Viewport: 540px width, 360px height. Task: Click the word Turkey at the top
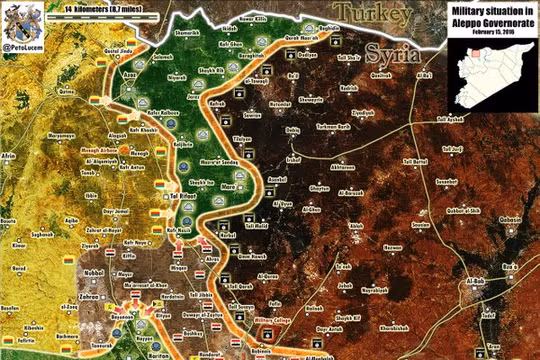373,13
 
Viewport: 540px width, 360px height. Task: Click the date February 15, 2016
479,32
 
